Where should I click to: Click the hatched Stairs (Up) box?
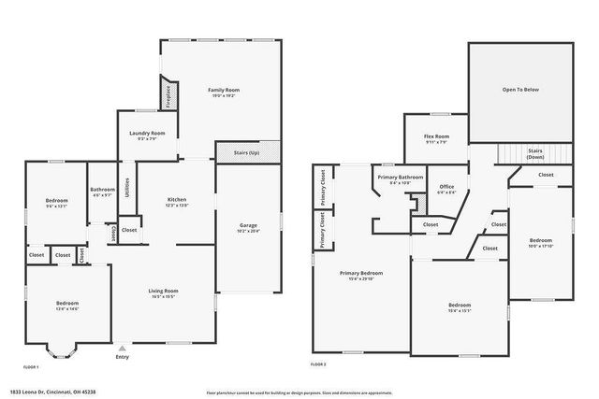click(248, 150)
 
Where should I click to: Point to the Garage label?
click(248, 226)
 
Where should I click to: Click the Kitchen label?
click(177, 200)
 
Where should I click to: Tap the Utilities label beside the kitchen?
click(127, 187)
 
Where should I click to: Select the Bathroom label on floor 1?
click(103, 190)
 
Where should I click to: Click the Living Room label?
click(164, 292)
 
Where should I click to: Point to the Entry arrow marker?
click(121, 347)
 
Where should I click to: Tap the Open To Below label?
click(520, 90)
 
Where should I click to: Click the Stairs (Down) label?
click(535, 152)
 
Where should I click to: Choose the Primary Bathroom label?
click(401, 177)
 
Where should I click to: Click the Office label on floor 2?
click(446, 187)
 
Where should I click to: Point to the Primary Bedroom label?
click(361, 274)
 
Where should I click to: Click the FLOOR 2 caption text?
click(319, 363)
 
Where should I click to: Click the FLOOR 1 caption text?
click(31, 367)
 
